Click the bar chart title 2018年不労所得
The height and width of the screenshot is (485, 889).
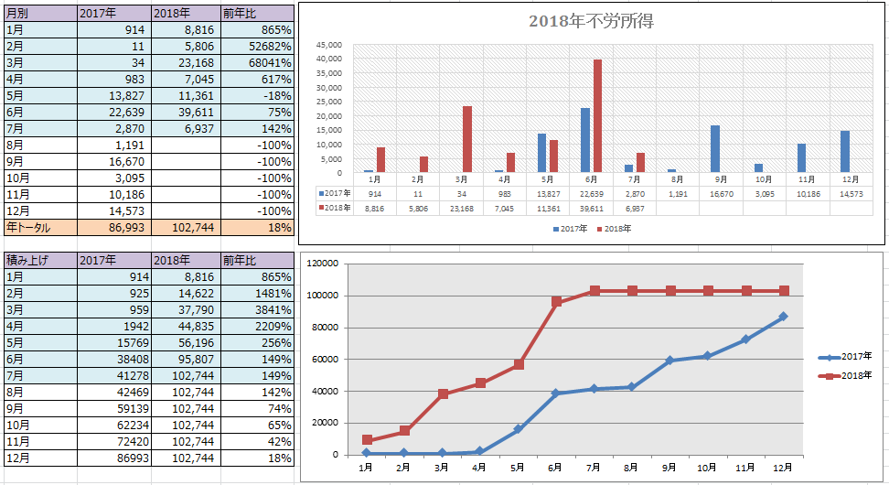(x=592, y=22)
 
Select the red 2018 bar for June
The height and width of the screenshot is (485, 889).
(x=597, y=115)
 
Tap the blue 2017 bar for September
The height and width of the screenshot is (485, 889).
(x=715, y=148)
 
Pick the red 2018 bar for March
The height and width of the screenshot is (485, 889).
(x=467, y=139)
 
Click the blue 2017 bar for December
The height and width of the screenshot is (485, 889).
(x=845, y=152)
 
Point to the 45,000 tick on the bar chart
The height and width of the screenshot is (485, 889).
(x=329, y=45)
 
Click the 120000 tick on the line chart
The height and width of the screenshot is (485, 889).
(x=322, y=264)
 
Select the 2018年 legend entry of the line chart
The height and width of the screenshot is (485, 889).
(x=845, y=375)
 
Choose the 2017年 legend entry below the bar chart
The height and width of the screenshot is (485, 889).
(x=571, y=229)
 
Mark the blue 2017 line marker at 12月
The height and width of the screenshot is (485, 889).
(x=783, y=317)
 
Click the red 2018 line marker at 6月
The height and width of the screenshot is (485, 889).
(x=556, y=302)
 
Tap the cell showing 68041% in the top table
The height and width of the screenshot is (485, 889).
(x=257, y=62)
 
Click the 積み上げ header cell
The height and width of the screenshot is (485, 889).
(x=40, y=261)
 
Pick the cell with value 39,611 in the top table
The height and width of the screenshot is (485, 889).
(x=187, y=112)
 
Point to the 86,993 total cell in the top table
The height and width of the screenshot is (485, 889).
(x=114, y=228)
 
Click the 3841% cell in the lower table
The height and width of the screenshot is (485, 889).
(x=257, y=309)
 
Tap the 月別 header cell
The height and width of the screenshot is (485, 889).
(x=40, y=13)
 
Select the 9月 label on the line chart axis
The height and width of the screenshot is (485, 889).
(x=669, y=468)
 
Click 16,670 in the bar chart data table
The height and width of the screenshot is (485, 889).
(x=722, y=194)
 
